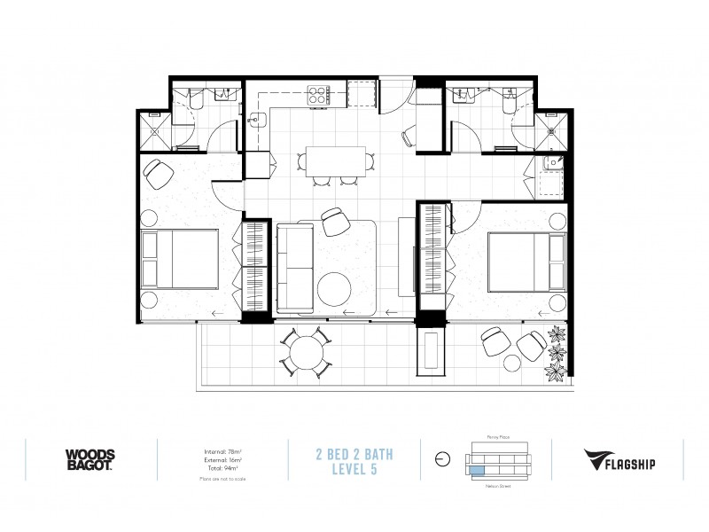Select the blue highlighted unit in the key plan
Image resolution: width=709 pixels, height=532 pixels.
[x=479, y=471]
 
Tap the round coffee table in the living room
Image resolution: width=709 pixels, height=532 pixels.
[x=335, y=288]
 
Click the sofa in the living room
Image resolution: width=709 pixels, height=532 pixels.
[x=293, y=266]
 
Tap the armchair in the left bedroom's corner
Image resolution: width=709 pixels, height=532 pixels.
[x=160, y=174]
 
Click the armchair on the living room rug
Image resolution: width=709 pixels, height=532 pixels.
[x=336, y=221]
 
